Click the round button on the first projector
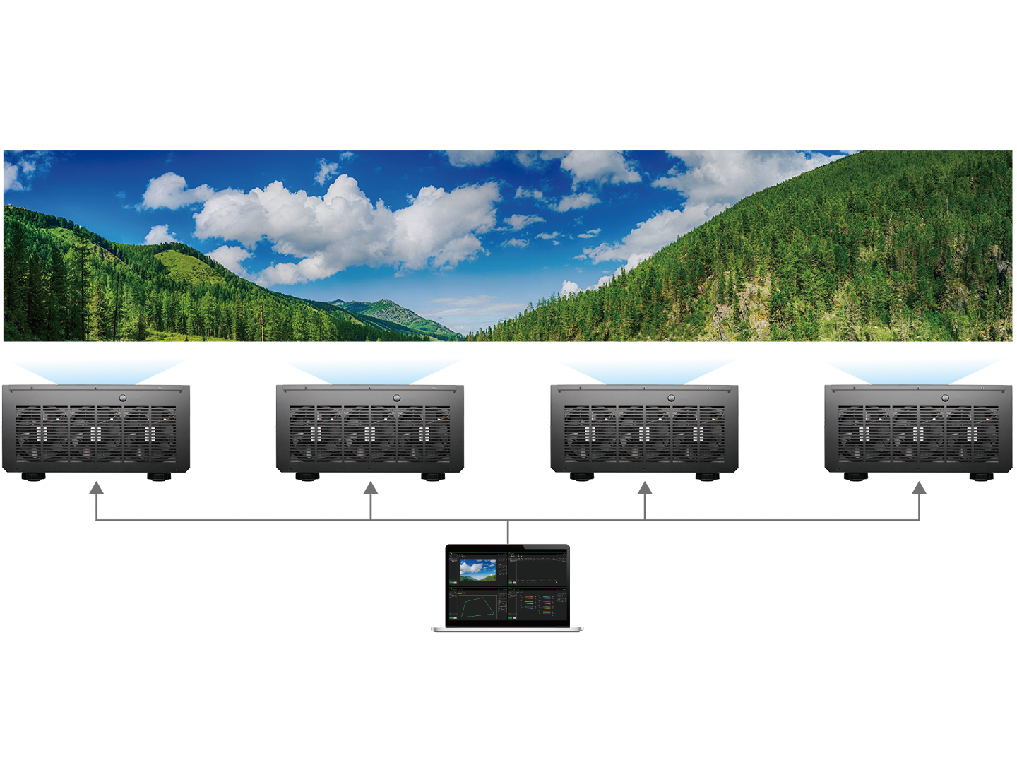click(x=122, y=398)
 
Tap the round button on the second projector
click(x=396, y=398)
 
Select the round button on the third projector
click(x=671, y=398)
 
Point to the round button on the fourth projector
click(x=945, y=398)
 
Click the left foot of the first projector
click(x=32, y=478)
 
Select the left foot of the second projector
click(x=307, y=478)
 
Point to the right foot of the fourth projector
click(x=984, y=478)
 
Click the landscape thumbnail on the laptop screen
click(x=477, y=569)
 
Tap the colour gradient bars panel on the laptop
click(x=538, y=605)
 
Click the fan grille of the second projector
click(x=369, y=433)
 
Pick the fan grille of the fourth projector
click(x=918, y=433)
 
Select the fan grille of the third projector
click(x=644, y=433)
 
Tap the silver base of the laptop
click(x=507, y=628)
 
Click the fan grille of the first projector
click(x=95, y=433)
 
